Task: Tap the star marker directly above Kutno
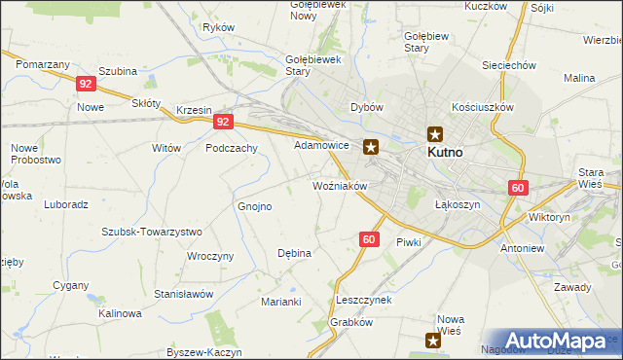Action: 435,135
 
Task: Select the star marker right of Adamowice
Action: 371,148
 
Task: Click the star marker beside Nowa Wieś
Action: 434,339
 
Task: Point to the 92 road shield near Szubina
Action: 85,85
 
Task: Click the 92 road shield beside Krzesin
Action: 224,122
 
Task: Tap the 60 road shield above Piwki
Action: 368,239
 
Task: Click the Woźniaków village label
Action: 339,185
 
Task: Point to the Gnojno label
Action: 255,206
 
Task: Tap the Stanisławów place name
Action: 183,293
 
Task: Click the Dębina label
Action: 294,253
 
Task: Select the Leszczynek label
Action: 363,300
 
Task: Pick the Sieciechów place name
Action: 510,65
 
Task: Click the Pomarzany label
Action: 42,63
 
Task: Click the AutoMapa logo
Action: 555,341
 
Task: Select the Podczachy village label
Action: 231,148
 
